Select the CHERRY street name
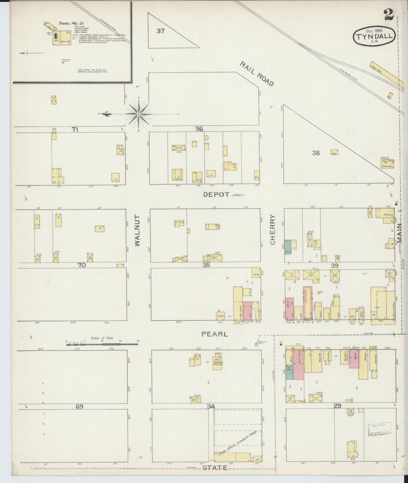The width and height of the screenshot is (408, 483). pyautogui.click(x=272, y=229)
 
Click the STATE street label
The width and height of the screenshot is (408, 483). pyautogui.click(x=215, y=467)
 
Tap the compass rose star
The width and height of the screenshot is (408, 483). pyautogui.click(x=139, y=114)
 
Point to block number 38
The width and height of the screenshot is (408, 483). pyautogui.click(x=316, y=153)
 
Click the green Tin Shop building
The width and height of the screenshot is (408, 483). pyautogui.click(x=289, y=373)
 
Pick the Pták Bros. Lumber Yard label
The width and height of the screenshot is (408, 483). pyautogui.click(x=237, y=443)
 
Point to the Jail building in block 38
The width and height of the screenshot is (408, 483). pyautogui.click(x=334, y=152)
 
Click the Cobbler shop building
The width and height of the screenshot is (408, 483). pyautogui.click(x=221, y=316)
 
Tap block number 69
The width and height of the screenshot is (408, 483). pyautogui.click(x=79, y=407)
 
